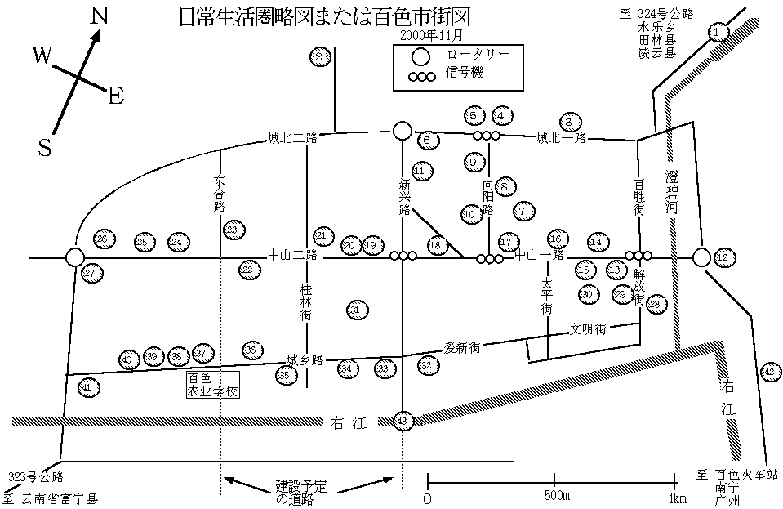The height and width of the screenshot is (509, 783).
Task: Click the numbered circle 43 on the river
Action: [402, 421]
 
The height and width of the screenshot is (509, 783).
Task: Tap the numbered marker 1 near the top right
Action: [717, 33]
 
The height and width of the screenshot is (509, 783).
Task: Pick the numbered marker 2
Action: [320, 56]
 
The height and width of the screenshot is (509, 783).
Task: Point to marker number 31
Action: [354, 310]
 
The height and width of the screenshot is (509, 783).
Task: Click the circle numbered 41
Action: [88, 387]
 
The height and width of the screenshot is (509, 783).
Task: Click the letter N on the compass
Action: [100, 16]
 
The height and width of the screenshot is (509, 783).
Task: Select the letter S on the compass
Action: [46, 147]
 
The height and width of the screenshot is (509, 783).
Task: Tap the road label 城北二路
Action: [292, 137]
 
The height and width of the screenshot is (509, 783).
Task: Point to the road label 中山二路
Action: [291, 255]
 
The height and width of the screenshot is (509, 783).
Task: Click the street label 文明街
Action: [588, 329]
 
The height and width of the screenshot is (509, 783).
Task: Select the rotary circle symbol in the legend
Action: [420, 56]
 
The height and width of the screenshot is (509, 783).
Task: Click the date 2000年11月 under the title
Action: [433, 36]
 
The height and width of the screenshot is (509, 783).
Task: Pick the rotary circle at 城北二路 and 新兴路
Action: [402, 131]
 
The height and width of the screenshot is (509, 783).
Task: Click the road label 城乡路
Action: [306, 359]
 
